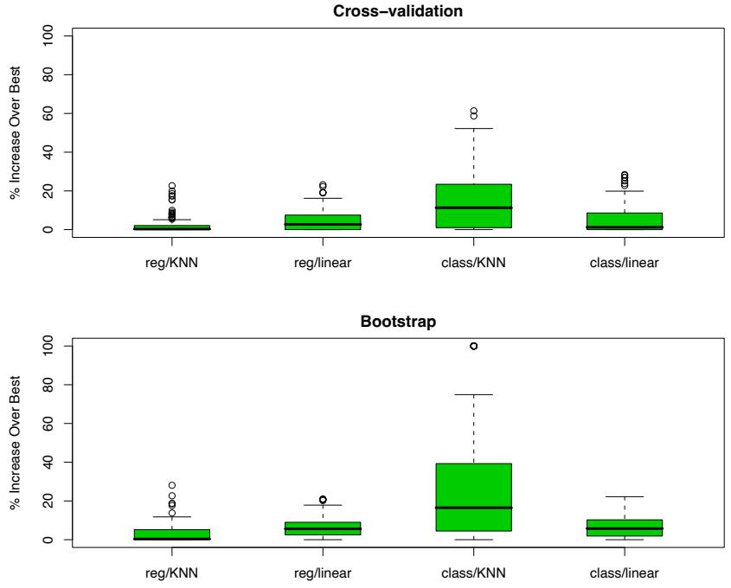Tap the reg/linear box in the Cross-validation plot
[x=323, y=221]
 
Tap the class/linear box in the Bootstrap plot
[x=625, y=527]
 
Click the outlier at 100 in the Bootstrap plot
[x=474, y=346]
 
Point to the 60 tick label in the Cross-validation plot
[x=53, y=113]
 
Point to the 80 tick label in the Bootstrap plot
[x=53, y=385]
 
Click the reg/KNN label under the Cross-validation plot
[x=172, y=264]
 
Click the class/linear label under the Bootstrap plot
[x=625, y=574]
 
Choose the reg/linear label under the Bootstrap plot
[x=323, y=574]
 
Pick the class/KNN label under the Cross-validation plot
[x=474, y=264]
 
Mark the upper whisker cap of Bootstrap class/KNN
[x=474, y=394]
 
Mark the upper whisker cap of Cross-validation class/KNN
[x=474, y=128]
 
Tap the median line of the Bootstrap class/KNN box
[x=474, y=508]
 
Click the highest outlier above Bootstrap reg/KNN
[x=172, y=485]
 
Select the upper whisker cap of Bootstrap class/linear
[x=625, y=496]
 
